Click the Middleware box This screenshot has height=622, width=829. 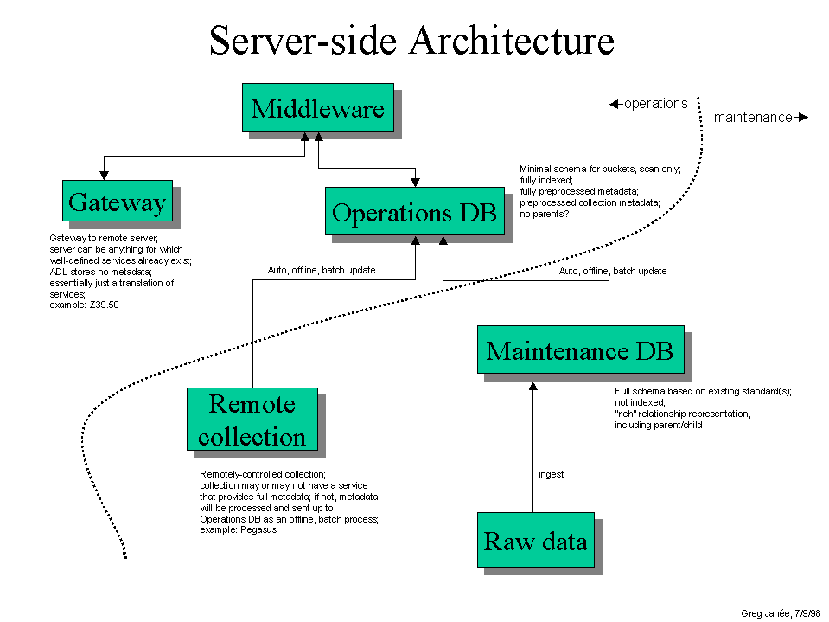pyautogui.click(x=317, y=109)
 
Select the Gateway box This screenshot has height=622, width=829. pyautogui.click(x=117, y=202)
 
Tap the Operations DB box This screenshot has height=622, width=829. pyautogui.click(x=414, y=212)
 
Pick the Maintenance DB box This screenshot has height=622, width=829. pyautogui.click(x=580, y=350)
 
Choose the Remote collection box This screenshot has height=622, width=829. pyautogui.click(x=252, y=420)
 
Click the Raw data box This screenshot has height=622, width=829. pyautogui.click(x=535, y=541)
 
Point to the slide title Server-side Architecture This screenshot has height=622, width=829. pyautogui.click(x=412, y=41)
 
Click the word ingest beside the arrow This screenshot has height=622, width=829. pyautogui.click(x=551, y=474)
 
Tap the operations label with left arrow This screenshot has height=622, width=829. pyautogui.click(x=649, y=104)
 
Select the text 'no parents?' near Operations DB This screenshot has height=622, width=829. pyautogui.click(x=544, y=213)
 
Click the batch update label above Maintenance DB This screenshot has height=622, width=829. pyautogui.click(x=613, y=271)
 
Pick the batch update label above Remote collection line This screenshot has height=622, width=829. pyautogui.click(x=322, y=270)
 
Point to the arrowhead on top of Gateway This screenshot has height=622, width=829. pyautogui.click(x=103, y=175)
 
